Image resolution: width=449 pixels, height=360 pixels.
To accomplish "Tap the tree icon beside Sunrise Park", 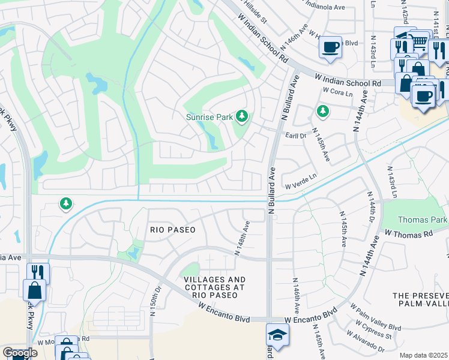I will point(242,116).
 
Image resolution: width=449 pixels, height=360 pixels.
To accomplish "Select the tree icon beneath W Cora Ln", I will point(323,111).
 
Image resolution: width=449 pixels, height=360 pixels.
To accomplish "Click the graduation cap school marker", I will point(278,334).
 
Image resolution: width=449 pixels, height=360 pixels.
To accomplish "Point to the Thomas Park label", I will point(422,220).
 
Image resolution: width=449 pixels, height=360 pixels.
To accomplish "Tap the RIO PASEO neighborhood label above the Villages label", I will point(173,230).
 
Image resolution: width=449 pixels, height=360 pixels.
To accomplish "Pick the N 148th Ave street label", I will point(242,238).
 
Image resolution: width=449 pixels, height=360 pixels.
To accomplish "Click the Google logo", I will point(20,353).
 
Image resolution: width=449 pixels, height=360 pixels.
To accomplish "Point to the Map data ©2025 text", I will point(423,355).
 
